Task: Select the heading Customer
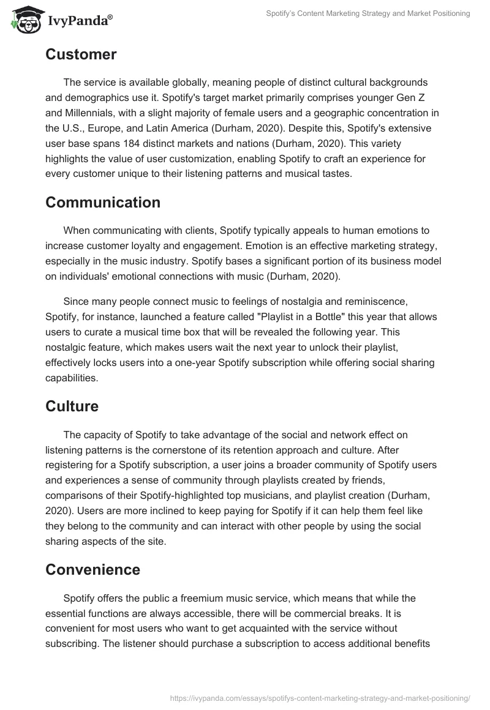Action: [81, 54]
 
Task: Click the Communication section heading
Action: [103, 203]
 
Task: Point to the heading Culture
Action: [72, 406]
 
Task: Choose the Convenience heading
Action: [92, 570]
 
